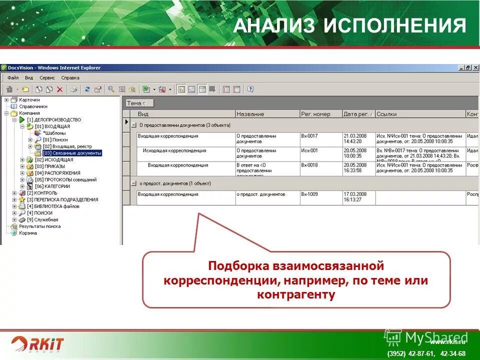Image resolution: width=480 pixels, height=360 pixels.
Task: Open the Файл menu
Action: click(13, 78)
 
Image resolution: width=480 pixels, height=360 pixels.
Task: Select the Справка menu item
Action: click(70, 78)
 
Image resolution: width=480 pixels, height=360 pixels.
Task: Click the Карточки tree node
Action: click(29, 100)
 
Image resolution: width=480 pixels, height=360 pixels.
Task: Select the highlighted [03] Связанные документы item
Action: click(72, 153)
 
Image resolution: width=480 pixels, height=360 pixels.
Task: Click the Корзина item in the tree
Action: click(28, 233)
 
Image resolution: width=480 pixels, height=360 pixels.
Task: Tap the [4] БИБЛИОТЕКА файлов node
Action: click(53, 206)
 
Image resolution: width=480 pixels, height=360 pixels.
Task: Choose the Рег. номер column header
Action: click(315, 114)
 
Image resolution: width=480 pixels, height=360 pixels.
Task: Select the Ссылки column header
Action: click(386, 114)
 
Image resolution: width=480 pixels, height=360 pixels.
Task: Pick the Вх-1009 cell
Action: click(310, 194)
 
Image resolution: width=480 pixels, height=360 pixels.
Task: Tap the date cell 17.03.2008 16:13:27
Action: click(355, 197)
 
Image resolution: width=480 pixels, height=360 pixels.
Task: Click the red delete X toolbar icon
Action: click(59, 89)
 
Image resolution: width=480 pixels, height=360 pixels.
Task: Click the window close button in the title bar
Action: click(475, 67)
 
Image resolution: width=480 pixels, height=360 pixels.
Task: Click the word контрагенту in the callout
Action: click(296, 295)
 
